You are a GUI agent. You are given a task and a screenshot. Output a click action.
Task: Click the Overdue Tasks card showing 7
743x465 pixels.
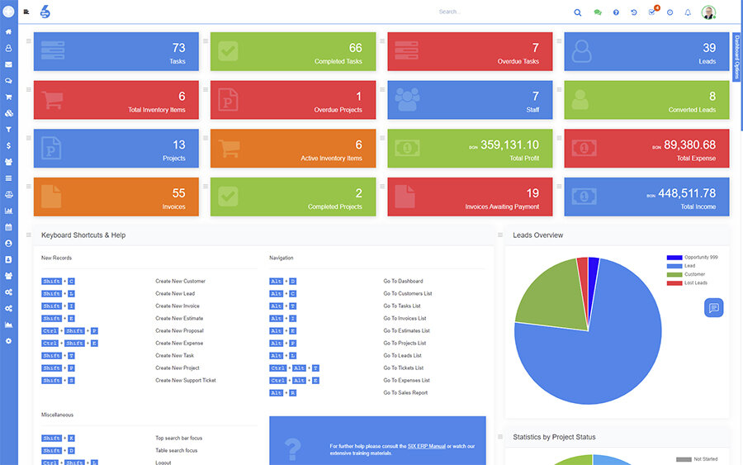tap(470, 51)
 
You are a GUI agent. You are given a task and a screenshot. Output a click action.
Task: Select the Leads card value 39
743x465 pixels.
tap(709, 48)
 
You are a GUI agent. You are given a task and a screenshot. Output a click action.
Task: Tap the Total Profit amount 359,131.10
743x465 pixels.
tap(509, 145)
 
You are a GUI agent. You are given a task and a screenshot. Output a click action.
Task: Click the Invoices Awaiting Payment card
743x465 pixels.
tap(470, 197)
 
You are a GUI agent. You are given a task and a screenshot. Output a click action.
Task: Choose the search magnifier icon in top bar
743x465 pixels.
tap(577, 12)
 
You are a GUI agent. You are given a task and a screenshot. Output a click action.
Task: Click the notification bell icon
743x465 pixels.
tap(688, 12)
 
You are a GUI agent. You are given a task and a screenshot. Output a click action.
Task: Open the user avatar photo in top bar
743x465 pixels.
tap(708, 12)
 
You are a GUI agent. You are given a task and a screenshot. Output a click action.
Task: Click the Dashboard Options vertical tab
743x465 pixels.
tap(736, 57)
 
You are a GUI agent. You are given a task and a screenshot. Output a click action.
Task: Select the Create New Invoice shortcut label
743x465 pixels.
tap(177, 306)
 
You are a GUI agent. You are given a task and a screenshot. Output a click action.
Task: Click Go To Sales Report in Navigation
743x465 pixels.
tap(405, 392)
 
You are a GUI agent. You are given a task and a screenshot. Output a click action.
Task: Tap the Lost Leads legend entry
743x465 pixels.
tap(695, 282)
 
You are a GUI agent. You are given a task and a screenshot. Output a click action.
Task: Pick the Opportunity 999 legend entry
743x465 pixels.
tap(701, 257)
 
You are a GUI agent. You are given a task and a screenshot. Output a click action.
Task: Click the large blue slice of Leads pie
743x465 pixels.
tap(594, 355)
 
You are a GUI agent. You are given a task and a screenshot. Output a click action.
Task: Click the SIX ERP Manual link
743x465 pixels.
tap(426, 446)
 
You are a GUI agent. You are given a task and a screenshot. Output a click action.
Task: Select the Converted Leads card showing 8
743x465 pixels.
tap(646, 100)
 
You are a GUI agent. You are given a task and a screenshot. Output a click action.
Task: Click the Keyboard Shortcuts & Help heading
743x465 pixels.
tap(83, 235)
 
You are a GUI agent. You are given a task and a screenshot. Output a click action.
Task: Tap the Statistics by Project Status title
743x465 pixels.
tap(554, 437)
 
